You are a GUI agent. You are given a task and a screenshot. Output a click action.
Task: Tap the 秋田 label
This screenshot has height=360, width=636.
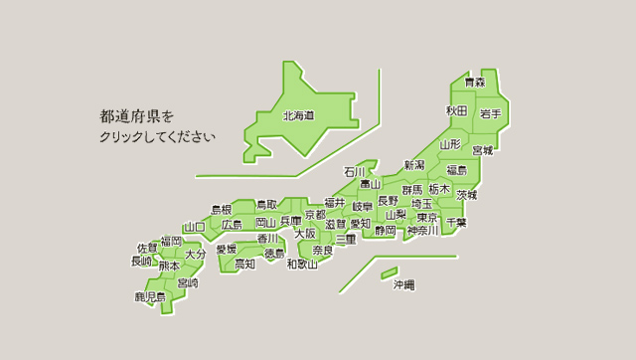(457, 109)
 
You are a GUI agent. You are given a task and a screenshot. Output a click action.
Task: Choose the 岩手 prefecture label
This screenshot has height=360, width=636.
(490, 114)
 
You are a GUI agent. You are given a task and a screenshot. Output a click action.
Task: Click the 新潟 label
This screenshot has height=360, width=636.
(414, 164)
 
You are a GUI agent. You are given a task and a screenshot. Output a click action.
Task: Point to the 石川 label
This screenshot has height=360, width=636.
(354, 172)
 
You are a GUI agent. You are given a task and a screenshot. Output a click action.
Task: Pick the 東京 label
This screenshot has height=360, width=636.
(428, 217)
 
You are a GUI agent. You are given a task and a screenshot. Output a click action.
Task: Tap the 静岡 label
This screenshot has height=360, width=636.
(386, 231)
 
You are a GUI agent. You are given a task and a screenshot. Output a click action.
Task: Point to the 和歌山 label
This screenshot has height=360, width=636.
(302, 265)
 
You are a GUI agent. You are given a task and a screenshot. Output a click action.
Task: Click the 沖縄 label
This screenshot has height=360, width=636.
(403, 285)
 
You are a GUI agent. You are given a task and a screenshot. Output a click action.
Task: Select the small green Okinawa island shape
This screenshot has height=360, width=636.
(389, 271)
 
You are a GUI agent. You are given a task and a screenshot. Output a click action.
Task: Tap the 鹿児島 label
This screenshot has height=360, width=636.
(150, 296)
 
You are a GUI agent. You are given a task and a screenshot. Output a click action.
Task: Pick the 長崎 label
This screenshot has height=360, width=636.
(142, 262)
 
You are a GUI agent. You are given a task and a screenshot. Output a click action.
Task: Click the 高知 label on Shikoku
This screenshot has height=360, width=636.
(244, 264)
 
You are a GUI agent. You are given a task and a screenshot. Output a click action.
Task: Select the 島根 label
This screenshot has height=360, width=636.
(221, 210)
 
